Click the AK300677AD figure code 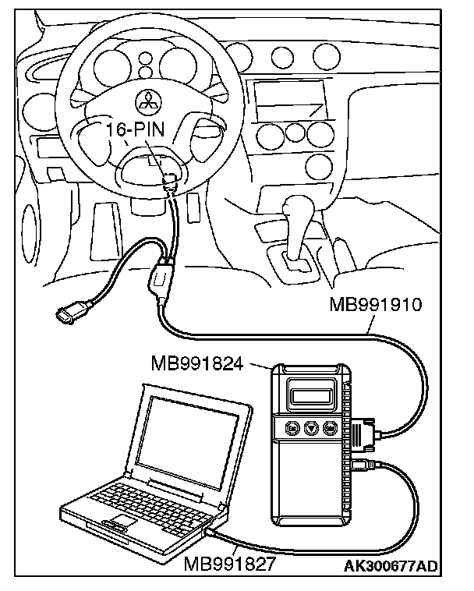tap(391, 565)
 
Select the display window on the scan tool tap(315, 393)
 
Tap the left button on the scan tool tap(292, 428)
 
